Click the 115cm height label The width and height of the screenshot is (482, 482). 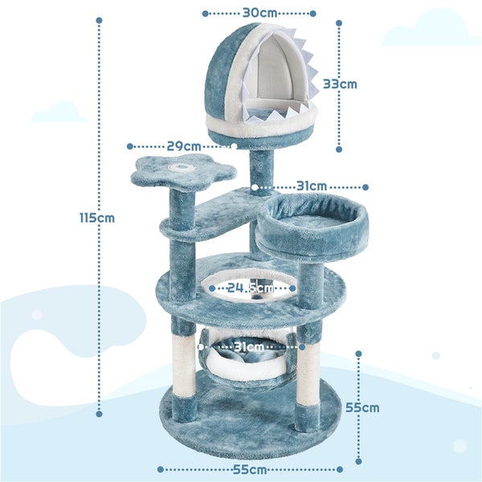(97, 218)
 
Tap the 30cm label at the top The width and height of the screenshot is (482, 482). (259, 13)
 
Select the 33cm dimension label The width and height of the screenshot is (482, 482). (340, 84)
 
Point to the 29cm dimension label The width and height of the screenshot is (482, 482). (183, 146)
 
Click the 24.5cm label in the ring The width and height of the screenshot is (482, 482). (250, 288)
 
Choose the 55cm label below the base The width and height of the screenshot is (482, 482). (250, 470)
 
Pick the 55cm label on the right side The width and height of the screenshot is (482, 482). (362, 407)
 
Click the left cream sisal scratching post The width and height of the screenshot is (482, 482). (183, 364)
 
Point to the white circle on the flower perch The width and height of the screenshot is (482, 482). (182, 167)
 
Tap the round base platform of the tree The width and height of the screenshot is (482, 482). (250, 418)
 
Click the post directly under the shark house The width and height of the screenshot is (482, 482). (261, 173)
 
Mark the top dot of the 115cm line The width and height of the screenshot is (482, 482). (99, 20)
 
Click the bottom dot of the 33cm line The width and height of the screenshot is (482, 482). (339, 149)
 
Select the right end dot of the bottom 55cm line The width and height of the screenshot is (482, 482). (340, 469)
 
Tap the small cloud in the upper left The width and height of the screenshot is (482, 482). (59, 112)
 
